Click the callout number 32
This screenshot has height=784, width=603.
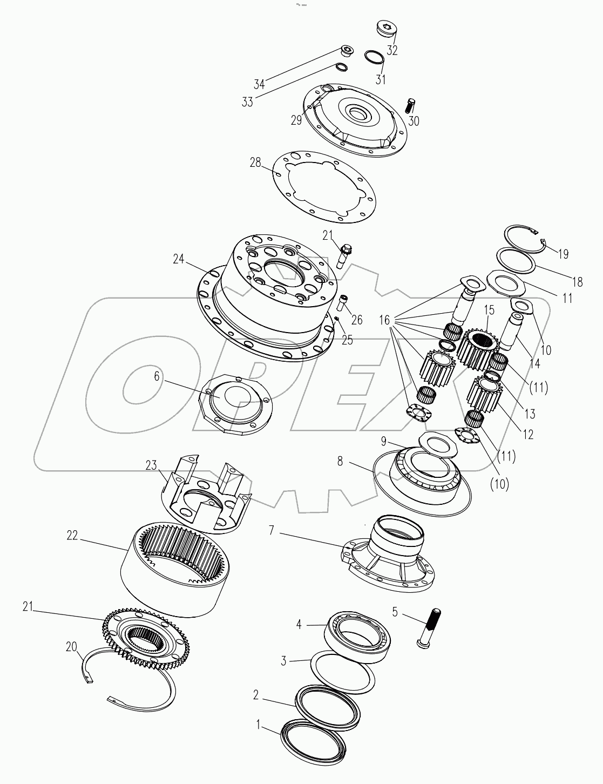pos(392,51)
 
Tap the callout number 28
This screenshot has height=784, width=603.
pos(255,163)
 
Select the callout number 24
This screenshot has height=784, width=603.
pos(179,260)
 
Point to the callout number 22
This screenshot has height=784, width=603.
pos(72,536)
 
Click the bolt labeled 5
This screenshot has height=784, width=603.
pos(430,627)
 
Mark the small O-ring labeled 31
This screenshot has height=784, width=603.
pos(373,57)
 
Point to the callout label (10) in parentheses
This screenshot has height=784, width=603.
pos(499,484)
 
